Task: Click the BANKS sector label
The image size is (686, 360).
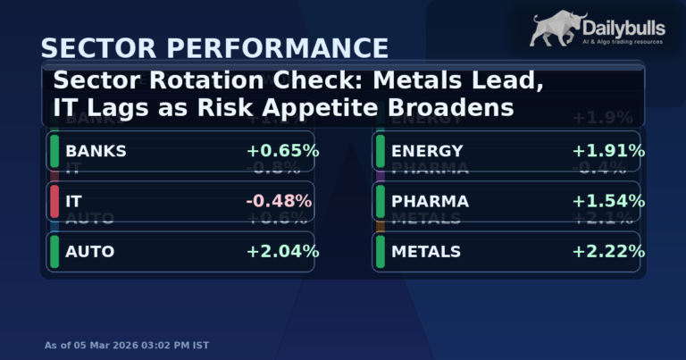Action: coord(96,151)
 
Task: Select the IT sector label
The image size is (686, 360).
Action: coord(73,201)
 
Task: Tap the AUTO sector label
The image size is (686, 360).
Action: coord(90,252)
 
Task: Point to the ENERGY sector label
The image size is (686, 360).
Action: coord(427,151)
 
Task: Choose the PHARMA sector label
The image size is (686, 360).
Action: coord(430,201)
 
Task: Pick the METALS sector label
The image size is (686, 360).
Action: coord(426,252)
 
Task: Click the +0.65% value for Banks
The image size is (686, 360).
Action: coord(282,151)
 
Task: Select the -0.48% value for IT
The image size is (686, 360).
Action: coord(279,201)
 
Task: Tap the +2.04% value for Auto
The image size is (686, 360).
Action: coord(282,252)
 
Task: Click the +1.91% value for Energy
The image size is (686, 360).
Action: coord(608,151)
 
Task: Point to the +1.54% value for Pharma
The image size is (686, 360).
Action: coord(608,201)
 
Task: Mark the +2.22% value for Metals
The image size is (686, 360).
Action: coord(608,252)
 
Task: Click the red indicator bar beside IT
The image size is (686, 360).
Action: coord(54,201)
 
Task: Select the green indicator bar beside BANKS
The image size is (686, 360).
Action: coord(54,151)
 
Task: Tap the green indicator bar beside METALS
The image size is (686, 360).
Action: coord(380,252)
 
